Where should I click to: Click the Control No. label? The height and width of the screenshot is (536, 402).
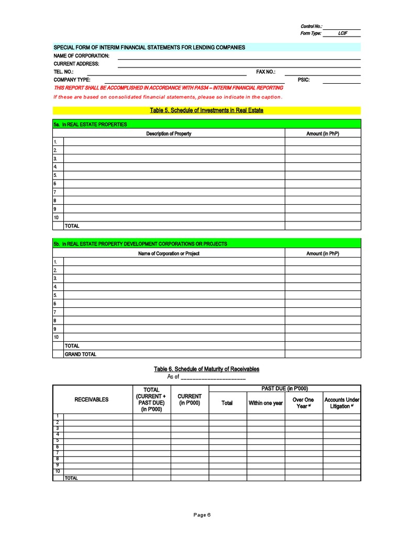(311, 26)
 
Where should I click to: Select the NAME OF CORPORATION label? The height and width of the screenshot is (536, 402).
(81, 55)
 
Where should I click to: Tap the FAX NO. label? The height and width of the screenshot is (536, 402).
(265, 72)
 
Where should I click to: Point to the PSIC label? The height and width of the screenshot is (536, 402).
(304, 80)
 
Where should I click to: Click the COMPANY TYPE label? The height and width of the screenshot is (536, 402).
(72, 80)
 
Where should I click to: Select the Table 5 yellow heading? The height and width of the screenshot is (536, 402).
(206, 110)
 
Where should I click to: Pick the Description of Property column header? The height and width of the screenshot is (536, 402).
(169, 133)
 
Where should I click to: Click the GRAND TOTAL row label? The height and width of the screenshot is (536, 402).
(80, 354)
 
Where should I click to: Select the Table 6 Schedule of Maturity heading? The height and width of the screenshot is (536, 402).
(206, 369)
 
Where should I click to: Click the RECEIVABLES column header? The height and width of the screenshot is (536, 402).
(92, 399)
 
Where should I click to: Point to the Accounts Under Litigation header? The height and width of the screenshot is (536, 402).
(342, 403)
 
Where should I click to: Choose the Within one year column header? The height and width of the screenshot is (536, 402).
(265, 403)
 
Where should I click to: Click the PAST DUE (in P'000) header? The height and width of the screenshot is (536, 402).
(285, 388)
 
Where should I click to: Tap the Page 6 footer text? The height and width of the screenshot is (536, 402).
(202, 515)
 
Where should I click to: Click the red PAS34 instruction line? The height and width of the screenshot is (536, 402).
(169, 88)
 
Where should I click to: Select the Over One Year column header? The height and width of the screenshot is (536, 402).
(303, 403)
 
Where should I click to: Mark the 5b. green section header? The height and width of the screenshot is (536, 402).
(140, 244)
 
